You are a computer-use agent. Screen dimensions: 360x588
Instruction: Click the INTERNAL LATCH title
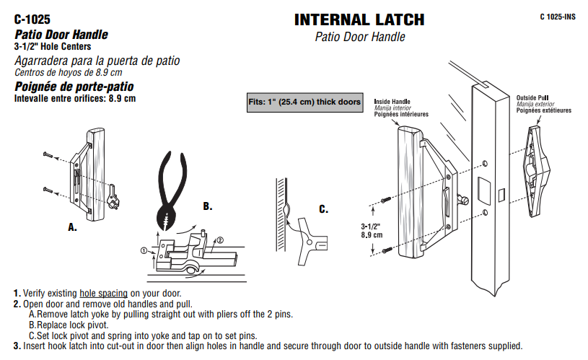click(x=359, y=19)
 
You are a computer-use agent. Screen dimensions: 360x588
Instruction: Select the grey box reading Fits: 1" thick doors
click(x=304, y=102)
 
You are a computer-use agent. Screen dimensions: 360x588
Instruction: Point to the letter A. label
click(x=72, y=227)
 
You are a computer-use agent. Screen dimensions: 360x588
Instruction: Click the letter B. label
click(x=208, y=206)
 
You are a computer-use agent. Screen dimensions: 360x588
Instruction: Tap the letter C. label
click(x=323, y=210)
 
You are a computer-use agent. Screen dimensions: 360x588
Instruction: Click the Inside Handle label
click(x=392, y=102)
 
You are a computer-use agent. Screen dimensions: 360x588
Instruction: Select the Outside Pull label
click(x=533, y=97)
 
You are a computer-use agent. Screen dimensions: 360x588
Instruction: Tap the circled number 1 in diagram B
click(x=144, y=250)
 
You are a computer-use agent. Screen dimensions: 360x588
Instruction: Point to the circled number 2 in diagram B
click(x=220, y=240)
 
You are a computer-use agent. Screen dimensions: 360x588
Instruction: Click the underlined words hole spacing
click(x=104, y=294)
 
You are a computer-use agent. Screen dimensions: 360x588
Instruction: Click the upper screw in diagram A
click(x=48, y=155)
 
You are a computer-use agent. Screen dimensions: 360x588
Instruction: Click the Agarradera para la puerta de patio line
click(x=97, y=61)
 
